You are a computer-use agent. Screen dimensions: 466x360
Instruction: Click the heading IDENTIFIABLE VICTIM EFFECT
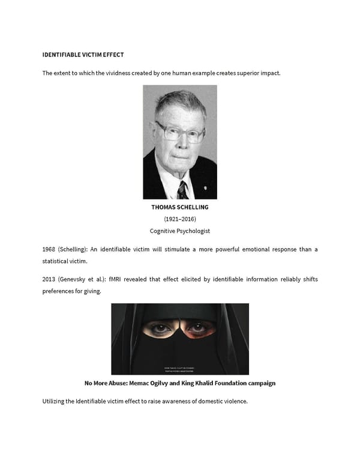[83, 55]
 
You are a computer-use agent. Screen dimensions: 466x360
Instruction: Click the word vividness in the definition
[113, 73]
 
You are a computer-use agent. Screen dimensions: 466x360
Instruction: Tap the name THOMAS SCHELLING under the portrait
[180, 207]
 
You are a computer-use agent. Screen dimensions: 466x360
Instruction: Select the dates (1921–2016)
[180, 219]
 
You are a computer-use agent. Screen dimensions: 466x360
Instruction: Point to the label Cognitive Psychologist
[180, 231]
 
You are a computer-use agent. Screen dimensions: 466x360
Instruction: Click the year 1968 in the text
[49, 249]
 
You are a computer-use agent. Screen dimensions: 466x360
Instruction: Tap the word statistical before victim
[56, 261]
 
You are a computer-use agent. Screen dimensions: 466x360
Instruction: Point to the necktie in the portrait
[182, 190]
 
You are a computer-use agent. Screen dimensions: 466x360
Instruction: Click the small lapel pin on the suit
[206, 178]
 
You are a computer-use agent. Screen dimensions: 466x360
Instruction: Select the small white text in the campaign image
[180, 368]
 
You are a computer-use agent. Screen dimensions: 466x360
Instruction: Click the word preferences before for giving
[61, 292]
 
